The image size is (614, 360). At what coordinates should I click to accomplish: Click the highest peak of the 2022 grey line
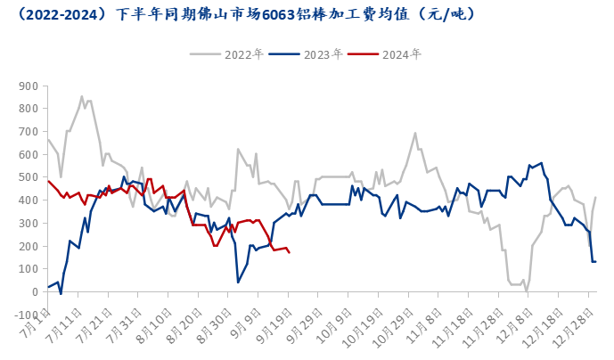pos(82,96)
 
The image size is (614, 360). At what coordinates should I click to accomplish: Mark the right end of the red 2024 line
pos(290,252)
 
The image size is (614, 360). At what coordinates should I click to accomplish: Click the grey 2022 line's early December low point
pos(527,290)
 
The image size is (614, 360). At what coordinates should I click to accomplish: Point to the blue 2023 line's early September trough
pos(238,282)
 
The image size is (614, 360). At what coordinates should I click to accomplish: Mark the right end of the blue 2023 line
pos(595,261)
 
